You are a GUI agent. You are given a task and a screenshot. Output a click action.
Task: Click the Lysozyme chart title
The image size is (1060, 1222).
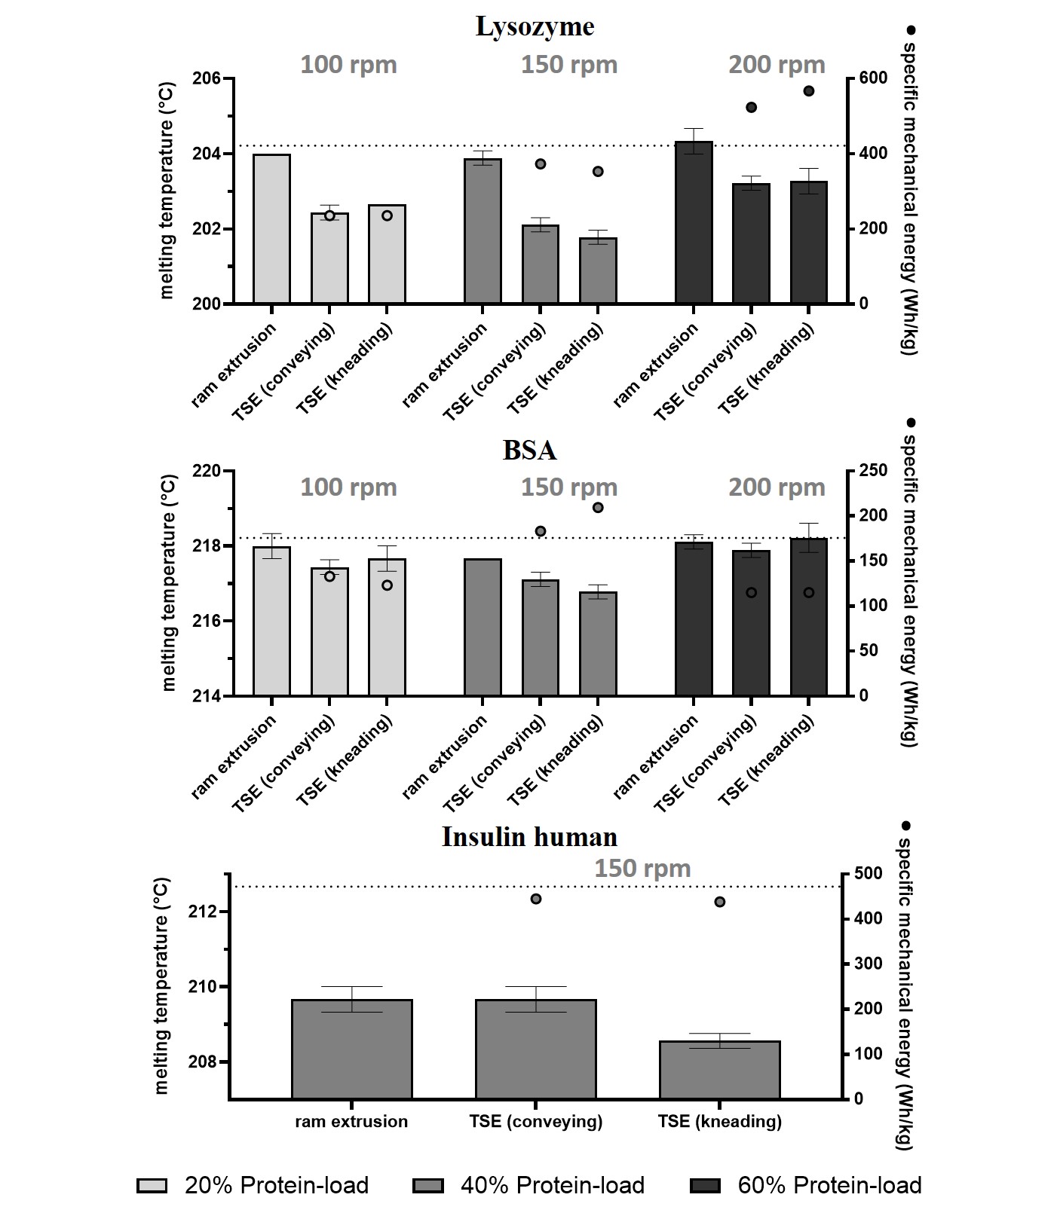point(535,26)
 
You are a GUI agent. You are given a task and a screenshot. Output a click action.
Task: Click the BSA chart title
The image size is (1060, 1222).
point(529,450)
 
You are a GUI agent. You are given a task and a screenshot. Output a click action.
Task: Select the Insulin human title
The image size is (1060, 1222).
point(529,837)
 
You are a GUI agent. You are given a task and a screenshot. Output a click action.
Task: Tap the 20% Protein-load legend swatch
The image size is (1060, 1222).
point(152,1186)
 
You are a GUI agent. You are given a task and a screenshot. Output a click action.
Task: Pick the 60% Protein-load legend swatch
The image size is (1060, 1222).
point(704,1186)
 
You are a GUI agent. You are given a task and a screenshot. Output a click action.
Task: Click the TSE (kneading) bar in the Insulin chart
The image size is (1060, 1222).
point(719,1070)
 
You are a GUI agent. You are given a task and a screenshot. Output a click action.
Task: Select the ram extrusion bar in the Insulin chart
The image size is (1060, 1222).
point(351,1049)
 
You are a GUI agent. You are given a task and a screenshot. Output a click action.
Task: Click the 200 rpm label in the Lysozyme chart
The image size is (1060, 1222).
point(777,65)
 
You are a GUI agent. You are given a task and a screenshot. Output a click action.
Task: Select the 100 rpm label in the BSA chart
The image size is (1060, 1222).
point(348,487)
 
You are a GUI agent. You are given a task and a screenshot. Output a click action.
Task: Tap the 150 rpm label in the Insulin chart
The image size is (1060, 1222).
point(642,869)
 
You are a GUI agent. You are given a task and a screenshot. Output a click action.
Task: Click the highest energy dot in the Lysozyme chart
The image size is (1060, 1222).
point(809,91)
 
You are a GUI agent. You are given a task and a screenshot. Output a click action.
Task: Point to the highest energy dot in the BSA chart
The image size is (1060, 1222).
point(598,507)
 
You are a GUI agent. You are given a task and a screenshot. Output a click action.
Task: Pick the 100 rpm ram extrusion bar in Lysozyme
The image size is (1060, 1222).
point(271,228)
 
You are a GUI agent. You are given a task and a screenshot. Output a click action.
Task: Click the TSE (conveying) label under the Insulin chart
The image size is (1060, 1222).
point(535,1122)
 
